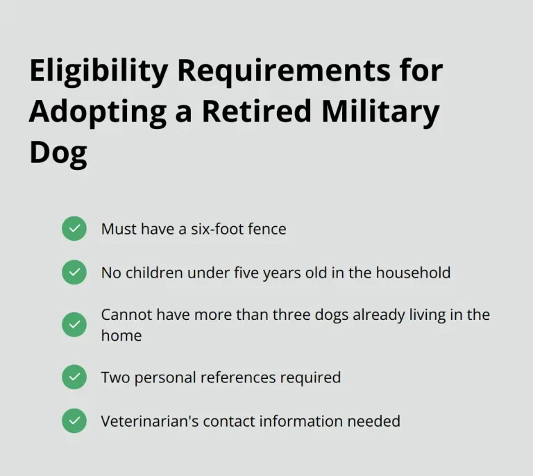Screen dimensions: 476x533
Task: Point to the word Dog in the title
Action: (x=58, y=152)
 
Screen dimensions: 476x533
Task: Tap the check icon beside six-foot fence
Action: (x=74, y=228)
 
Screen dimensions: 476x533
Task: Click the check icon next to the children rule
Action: (x=74, y=272)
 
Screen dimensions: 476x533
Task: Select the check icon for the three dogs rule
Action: (x=74, y=325)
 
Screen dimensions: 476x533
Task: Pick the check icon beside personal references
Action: (x=74, y=377)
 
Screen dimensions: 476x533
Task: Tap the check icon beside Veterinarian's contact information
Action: (x=74, y=420)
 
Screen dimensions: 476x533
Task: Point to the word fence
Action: (x=266, y=228)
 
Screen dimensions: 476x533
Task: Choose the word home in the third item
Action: (x=121, y=335)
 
